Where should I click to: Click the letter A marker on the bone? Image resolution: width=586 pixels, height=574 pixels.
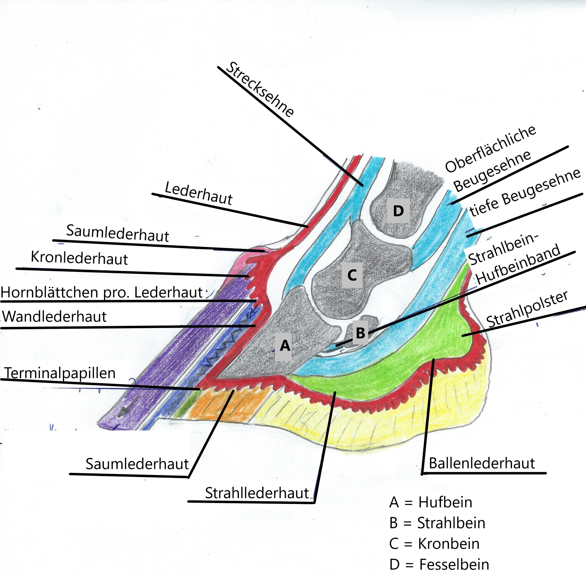[285, 346]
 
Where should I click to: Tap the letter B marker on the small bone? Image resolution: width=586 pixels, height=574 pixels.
[360, 333]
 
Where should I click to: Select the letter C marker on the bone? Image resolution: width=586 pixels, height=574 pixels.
[352, 275]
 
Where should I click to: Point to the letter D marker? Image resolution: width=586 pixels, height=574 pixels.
[398, 211]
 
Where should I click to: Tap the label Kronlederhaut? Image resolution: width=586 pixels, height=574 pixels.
[79, 259]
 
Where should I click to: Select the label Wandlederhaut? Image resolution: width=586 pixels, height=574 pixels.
[55, 317]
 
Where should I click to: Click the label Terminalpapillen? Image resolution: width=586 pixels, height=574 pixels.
[60, 373]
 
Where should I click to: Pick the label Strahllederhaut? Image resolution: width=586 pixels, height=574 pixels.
[257, 493]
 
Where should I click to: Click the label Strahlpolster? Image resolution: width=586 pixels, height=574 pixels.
[527, 309]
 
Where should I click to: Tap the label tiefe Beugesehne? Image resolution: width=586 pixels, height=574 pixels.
[525, 193]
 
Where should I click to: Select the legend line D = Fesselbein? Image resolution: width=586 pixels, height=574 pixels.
[439, 564]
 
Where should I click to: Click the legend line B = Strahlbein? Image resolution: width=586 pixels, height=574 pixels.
[437, 523]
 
